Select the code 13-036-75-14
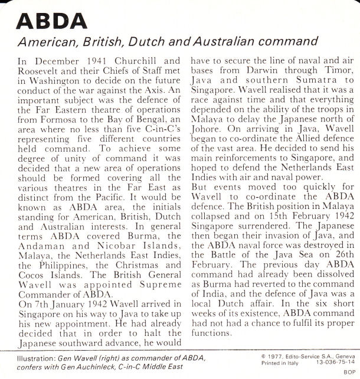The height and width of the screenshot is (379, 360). pyautogui.click(x=330, y=362)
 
